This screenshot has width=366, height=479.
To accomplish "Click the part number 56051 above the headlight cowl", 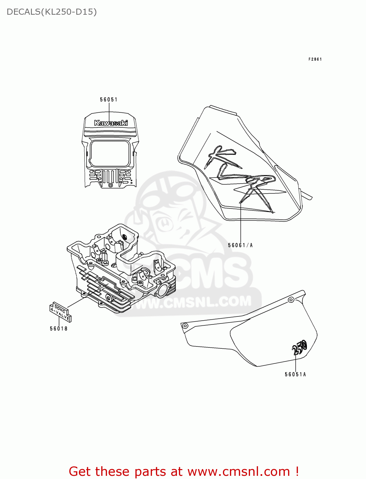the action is pos(109,100).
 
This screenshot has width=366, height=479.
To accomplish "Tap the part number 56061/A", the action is pos(240,245).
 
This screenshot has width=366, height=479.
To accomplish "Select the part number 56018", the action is pos(59,329).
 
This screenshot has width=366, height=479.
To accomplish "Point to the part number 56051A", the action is pos(295,374).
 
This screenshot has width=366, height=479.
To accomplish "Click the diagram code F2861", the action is pos(315,59).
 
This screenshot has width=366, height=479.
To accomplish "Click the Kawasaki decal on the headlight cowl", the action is pos(111,123).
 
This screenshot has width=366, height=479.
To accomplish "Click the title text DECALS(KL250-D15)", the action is pos(51,12).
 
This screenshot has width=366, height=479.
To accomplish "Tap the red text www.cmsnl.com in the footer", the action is pos(238,471).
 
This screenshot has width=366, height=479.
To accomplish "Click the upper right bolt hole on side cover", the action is pos(291,300).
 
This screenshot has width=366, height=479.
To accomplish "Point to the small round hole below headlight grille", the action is pos(111,185).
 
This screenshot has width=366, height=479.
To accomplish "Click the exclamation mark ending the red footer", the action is pos(297,471).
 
